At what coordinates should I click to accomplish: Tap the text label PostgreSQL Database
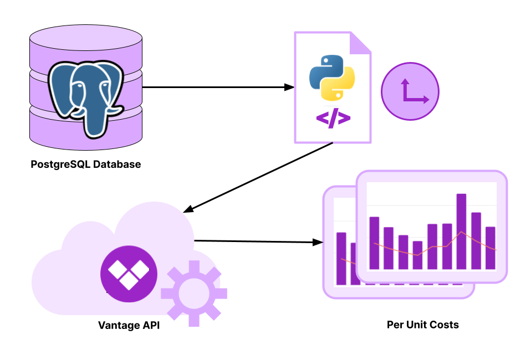tap(86, 164)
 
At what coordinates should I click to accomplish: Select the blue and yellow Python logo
tap(331, 77)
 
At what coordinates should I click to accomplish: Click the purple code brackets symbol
tap(333, 118)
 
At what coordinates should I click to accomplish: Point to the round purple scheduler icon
tap(410, 91)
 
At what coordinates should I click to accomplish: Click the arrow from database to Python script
tap(216, 87)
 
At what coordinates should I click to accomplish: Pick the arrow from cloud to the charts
tap(258, 241)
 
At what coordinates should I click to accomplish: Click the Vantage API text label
tap(129, 325)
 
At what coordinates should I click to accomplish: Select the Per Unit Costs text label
tap(422, 325)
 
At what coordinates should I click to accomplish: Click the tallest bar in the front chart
tap(461, 232)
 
